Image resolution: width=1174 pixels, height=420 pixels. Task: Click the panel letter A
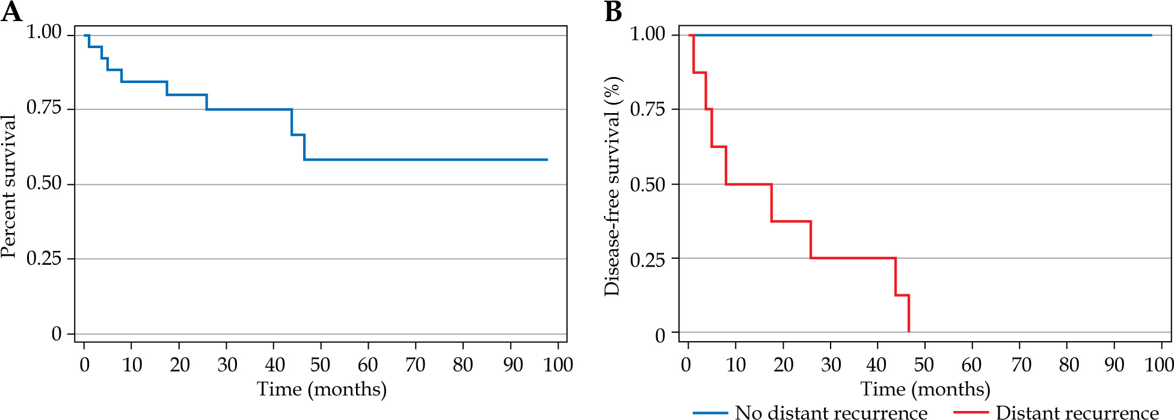coord(11,12)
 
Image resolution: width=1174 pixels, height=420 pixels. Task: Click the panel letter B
coord(613,12)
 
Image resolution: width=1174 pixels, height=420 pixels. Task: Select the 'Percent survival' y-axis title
coord(8,186)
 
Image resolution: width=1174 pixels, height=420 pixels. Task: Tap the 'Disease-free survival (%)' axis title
coord(612,186)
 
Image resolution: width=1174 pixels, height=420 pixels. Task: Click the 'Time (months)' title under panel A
coord(322,389)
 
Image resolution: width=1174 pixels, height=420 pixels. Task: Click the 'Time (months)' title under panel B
coord(925,389)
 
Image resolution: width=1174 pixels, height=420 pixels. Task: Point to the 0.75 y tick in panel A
coord(44,108)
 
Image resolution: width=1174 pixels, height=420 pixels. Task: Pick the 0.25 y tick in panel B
coord(647,259)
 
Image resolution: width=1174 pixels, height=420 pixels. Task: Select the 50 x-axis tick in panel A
coord(321,365)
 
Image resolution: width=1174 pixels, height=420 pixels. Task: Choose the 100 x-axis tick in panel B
coord(1159,365)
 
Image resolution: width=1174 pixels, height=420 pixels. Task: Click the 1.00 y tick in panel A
coord(44,32)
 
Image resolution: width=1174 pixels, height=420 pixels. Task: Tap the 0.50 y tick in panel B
coord(647,184)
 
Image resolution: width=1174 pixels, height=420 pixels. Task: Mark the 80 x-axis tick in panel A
coord(463,365)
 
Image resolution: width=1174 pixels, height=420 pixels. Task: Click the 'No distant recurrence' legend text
coord(831,413)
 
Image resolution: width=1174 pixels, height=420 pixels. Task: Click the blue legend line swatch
coord(710,413)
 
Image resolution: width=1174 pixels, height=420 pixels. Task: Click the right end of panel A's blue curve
coord(547,159)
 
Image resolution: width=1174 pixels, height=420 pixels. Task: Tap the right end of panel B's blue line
coord(1151,35)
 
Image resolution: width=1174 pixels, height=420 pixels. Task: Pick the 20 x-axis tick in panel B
coord(783,365)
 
